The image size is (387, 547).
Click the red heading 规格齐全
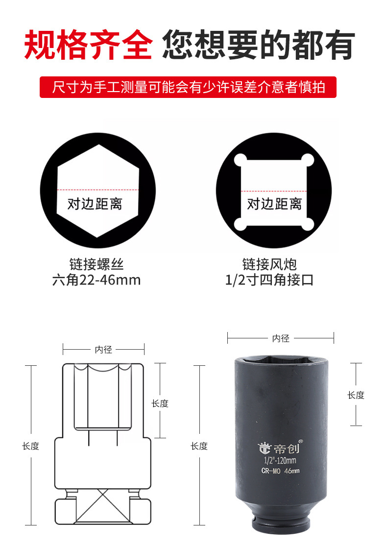click(x=88, y=45)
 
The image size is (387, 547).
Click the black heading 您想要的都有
click(x=259, y=45)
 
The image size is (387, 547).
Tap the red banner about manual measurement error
click(x=188, y=87)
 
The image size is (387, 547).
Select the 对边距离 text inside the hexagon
click(x=95, y=204)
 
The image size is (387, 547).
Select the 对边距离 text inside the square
click(x=274, y=204)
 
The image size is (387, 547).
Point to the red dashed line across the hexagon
click(x=97, y=190)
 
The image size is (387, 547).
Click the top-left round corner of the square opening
click(x=241, y=160)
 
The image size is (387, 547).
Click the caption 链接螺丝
click(x=97, y=264)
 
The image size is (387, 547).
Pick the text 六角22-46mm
click(x=97, y=280)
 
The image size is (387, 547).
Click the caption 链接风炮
click(x=269, y=264)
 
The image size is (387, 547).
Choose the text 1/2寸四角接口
click(x=269, y=280)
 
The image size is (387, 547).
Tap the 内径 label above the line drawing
click(x=104, y=350)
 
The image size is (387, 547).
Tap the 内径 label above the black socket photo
click(x=281, y=338)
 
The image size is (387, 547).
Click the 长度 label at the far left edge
click(x=31, y=446)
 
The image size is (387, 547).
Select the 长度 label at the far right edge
click(x=356, y=395)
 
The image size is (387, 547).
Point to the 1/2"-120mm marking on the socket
click(x=280, y=460)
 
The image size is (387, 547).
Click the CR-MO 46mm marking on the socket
click(x=280, y=471)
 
